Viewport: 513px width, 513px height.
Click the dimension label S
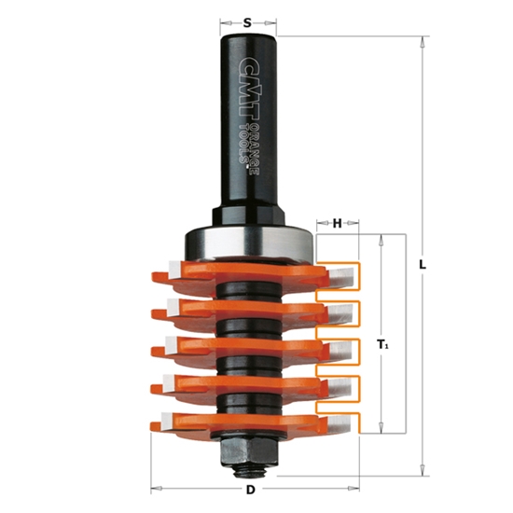247,20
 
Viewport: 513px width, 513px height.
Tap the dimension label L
423,265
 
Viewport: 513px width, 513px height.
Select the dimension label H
338,223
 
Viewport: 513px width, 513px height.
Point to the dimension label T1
382,345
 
